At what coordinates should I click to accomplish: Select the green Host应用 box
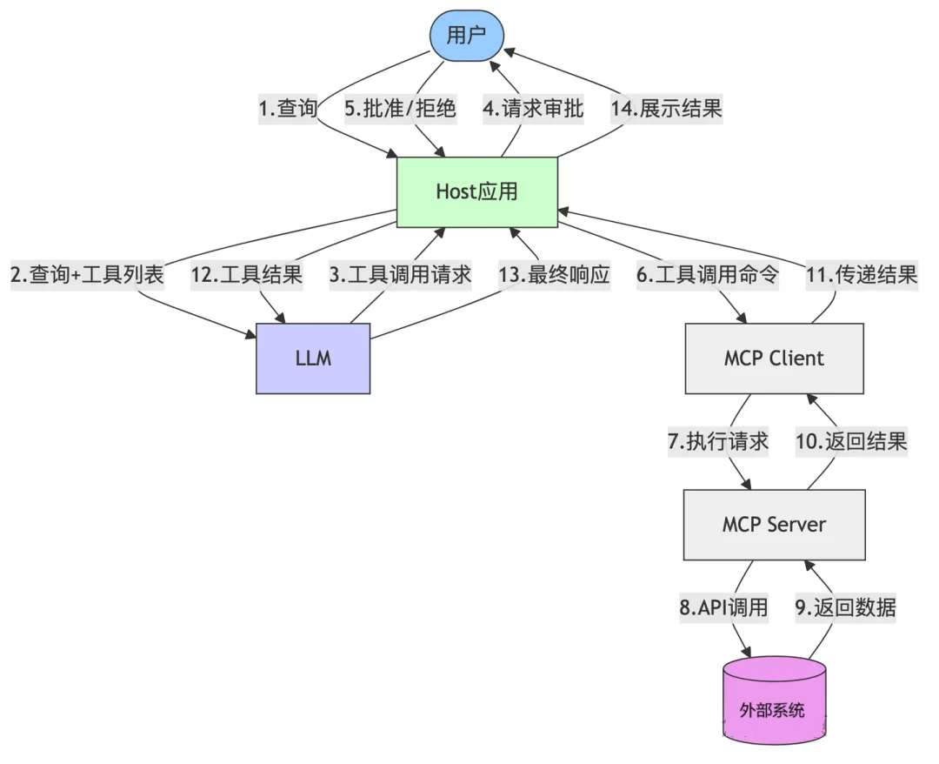point(476,191)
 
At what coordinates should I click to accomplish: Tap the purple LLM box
point(313,358)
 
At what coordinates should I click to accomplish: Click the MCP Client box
point(773,358)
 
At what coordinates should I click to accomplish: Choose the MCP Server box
point(773,524)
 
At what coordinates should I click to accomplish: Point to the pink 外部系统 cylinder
point(773,708)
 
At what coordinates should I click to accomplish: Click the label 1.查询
point(288,109)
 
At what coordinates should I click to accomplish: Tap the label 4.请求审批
point(532,109)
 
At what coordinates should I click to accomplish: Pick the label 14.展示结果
point(668,109)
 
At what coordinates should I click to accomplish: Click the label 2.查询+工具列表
point(87,275)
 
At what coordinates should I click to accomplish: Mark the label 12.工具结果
point(246,275)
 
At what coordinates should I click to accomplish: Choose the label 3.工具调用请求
point(400,275)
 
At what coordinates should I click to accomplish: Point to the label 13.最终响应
point(554,275)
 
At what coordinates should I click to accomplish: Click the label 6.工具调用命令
point(708,275)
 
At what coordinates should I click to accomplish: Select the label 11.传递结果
point(862,275)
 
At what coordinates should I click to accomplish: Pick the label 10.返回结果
point(851,441)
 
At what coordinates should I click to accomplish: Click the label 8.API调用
point(723,607)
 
